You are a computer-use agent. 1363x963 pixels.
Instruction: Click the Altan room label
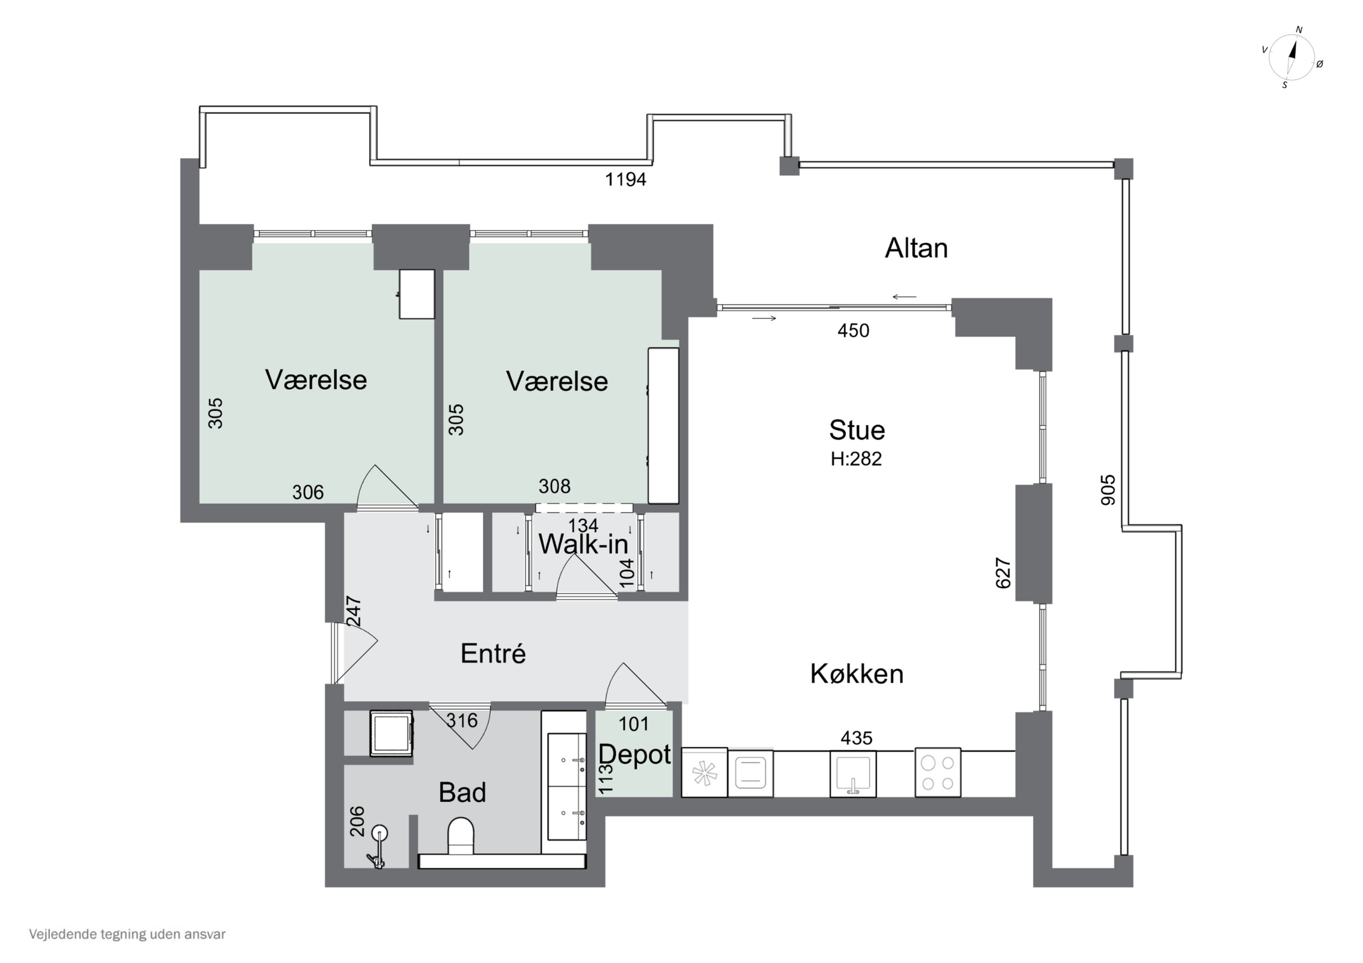coord(916,248)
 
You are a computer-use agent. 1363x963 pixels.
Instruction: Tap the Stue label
coord(856,430)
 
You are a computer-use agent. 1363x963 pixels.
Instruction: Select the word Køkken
coord(856,674)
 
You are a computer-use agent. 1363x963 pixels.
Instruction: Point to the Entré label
coord(492,653)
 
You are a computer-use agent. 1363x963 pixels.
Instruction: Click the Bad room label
coord(462,792)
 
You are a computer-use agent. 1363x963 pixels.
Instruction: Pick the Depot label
coord(634,755)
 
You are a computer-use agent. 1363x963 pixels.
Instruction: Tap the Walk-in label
coord(582,544)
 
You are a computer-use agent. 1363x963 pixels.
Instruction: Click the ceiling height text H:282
coord(856,459)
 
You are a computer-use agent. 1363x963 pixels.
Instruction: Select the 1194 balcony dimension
coord(625,179)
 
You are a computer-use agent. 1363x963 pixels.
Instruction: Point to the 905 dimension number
coord(1108,489)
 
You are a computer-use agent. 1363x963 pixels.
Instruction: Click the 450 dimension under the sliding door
coord(853,331)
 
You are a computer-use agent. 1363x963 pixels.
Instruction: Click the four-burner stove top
coord(937,772)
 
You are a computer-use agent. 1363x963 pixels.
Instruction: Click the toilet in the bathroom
coord(461,836)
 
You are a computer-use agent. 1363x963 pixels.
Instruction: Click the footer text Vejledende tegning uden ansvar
coord(128,934)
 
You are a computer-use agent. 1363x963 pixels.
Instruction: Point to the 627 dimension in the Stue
coord(1003,573)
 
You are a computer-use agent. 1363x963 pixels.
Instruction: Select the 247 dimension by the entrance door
coord(353,611)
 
